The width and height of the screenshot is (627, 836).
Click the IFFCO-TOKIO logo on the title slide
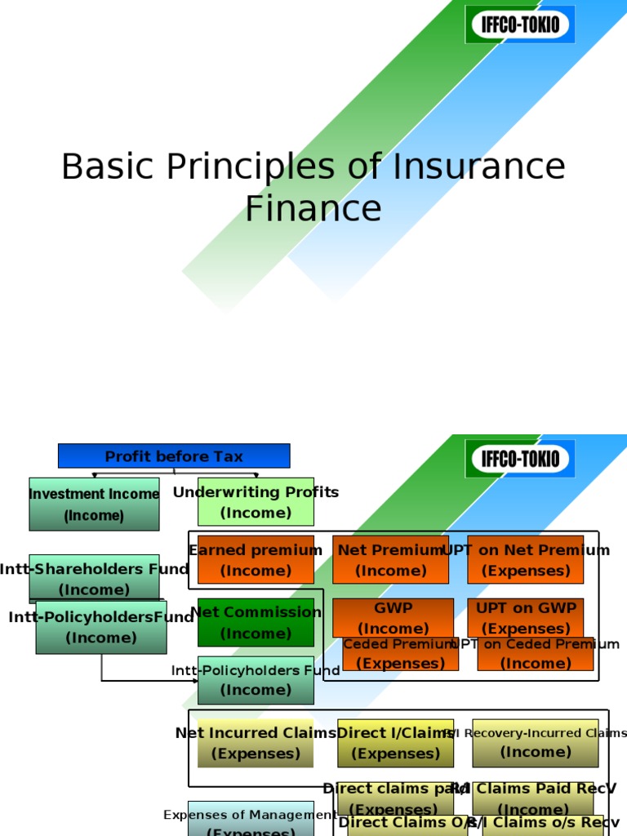520,24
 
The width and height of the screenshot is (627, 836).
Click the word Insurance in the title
479,167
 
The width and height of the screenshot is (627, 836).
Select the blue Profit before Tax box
174,456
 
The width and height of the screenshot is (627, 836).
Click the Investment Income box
94,504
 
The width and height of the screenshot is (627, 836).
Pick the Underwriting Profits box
256,501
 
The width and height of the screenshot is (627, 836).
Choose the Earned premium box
256,559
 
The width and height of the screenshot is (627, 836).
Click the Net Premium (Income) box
390,559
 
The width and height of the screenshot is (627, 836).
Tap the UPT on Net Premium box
525,559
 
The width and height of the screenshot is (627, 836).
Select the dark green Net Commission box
256,622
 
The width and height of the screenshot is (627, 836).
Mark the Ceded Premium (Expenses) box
400,655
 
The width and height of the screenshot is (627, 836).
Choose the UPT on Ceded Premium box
536,655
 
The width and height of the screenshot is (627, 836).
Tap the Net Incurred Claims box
256,743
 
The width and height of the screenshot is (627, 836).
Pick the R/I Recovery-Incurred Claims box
535,743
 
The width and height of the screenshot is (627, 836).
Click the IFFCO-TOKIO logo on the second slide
520,459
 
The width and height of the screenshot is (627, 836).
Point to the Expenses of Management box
251,820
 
